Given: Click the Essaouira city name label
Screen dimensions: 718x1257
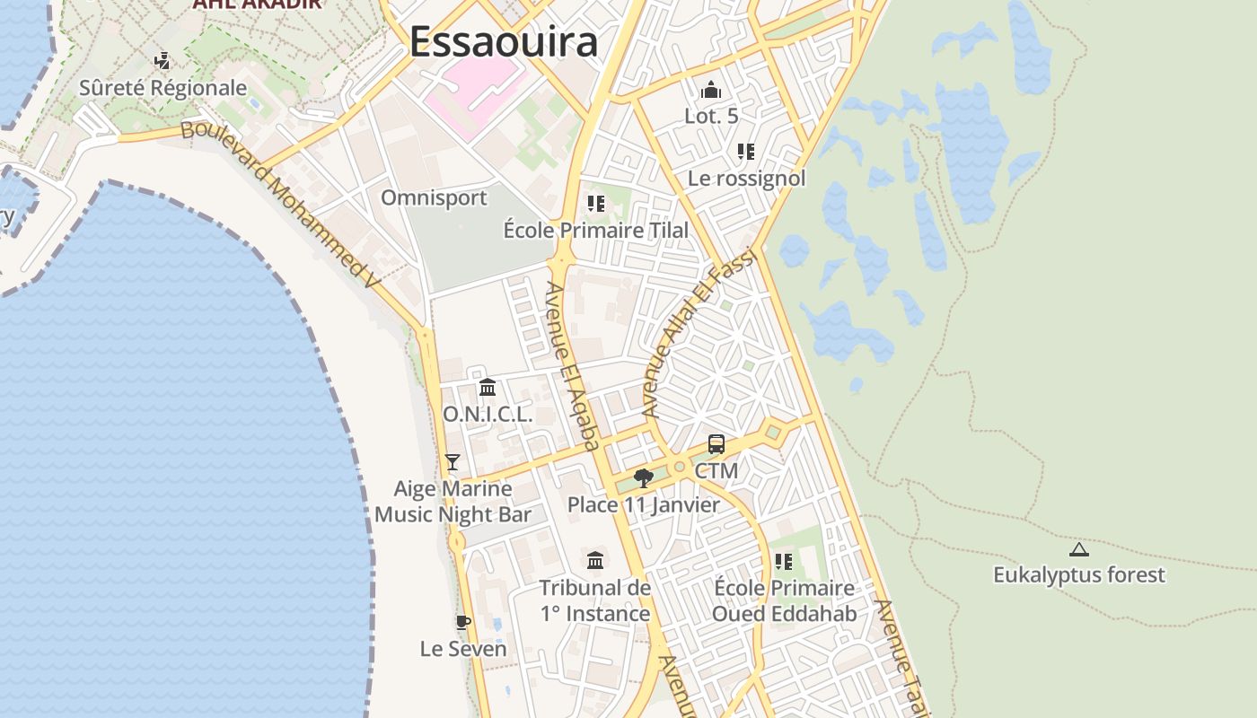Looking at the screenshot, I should pyautogui.click(x=504, y=42).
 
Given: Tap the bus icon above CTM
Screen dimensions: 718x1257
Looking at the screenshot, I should pyautogui.click(x=716, y=443).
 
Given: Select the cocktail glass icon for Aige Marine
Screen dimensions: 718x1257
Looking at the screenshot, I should pyautogui.click(x=453, y=462).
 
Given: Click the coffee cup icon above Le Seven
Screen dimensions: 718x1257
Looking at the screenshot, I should pyautogui.click(x=463, y=622).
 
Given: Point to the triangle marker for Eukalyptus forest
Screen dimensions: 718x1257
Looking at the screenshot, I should pyautogui.click(x=1079, y=549).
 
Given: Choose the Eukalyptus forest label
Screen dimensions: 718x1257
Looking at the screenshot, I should pyautogui.click(x=1079, y=574).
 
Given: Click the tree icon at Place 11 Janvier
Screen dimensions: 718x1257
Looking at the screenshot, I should pyautogui.click(x=643, y=477).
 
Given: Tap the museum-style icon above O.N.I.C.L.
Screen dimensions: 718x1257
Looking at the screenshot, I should pyautogui.click(x=488, y=388).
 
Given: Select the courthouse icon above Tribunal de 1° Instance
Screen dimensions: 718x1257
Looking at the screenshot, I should pyautogui.click(x=595, y=561).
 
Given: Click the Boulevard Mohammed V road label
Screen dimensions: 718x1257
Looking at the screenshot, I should pyautogui.click(x=281, y=205).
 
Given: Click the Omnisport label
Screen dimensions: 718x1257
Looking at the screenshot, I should pyautogui.click(x=434, y=197).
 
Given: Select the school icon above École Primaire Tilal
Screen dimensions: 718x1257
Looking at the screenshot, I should pyautogui.click(x=595, y=204).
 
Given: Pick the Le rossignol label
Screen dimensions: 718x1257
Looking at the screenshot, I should pyautogui.click(x=746, y=178).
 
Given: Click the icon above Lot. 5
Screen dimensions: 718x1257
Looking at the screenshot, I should pyautogui.click(x=711, y=90).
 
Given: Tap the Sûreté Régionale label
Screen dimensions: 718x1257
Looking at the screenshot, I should pyautogui.click(x=163, y=88).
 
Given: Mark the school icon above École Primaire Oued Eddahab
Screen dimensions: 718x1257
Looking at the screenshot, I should pyautogui.click(x=784, y=562).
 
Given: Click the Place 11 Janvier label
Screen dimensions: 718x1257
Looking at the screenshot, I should pyautogui.click(x=644, y=504).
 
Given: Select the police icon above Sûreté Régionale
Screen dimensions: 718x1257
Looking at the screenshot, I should pyautogui.click(x=163, y=61).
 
